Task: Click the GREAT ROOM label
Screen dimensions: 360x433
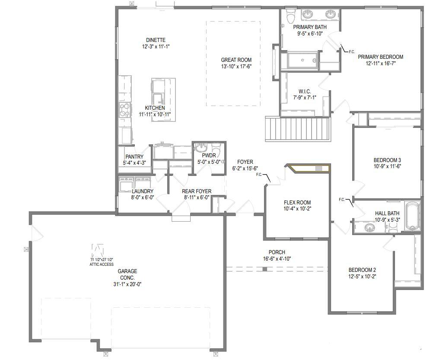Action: pyautogui.click(x=236, y=60)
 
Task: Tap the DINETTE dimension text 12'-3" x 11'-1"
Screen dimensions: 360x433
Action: pyautogui.click(x=156, y=46)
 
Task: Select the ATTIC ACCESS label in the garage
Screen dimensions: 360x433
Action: pyautogui.click(x=102, y=264)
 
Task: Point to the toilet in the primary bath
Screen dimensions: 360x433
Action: pyautogui.click(x=290, y=16)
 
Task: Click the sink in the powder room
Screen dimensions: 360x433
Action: pyautogui.click(x=200, y=149)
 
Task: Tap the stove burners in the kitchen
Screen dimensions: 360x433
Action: pyautogui.click(x=124, y=110)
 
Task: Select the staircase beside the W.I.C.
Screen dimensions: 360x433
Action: pyautogui.click(x=298, y=129)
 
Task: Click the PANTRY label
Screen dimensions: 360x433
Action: pyautogui.click(x=134, y=157)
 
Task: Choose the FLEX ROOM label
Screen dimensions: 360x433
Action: pyautogui.click(x=297, y=202)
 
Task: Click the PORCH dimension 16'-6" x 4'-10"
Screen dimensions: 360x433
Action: pyautogui.click(x=277, y=259)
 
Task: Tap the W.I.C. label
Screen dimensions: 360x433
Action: pyautogui.click(x=304, y=91)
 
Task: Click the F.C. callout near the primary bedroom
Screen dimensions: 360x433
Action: pyautogui.click(x=351, y=51)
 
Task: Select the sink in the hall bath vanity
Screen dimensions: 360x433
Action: pyautogui.click(x=369, y=226)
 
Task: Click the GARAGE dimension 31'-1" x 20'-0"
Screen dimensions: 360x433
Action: pyautogui.click(x=127, y=284)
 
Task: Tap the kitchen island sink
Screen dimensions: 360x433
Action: pyautogui.click(x=158, y=97)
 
